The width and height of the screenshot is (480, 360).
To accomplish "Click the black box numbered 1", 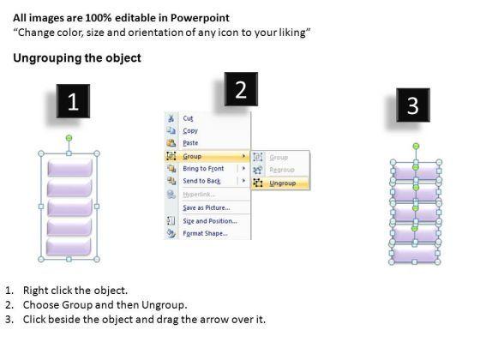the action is pyautogui.click(x=73, y=101).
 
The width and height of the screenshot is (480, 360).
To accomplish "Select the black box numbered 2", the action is pyautogui.click(x=241, y=89).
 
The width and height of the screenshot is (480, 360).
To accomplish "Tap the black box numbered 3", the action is pyautogui.click(x=413, y=105).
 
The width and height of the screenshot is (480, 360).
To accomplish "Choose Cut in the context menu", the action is pyautogui.click(x=188, y=118).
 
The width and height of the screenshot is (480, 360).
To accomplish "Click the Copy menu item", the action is pyautogui.click(x=190, y=130).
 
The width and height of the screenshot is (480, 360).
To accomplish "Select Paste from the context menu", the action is pyautogui.click(x=190, y=143).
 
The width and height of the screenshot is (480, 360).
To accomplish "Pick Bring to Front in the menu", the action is pyautogui.click(x=203, y=169).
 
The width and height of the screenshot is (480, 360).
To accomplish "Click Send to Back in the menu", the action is pyautogui.click(x=201, y=181).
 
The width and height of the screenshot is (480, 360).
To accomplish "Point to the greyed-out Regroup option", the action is pyautogui.click(x=282, y=170).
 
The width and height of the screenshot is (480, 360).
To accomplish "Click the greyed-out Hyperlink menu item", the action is pyautogui.click(x=199, y=195).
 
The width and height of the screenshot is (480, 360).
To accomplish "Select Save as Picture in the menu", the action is pyautogui.click(x=207, y=207).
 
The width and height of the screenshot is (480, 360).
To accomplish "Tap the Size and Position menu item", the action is pyautogui.click(x=210, y=221).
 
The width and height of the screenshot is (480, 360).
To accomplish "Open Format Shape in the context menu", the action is pyautogui.click(x=205, y=233).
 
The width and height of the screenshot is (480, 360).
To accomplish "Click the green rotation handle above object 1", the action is pyautogui.click(x=69, y=138).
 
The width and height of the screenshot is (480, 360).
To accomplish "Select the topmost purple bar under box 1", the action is pyautogui.click(x=69, y=167).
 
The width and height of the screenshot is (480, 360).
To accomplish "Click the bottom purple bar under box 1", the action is pyautogui.click(x=69, y=247).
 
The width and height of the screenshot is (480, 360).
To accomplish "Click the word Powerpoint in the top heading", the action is pyautogui.click(x=200, y=18).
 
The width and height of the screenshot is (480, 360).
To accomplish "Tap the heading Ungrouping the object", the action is pyautogui.click(x=77, y=58).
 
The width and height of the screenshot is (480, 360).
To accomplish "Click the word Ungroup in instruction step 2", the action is pyautogui.click(x=164, y=305).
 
